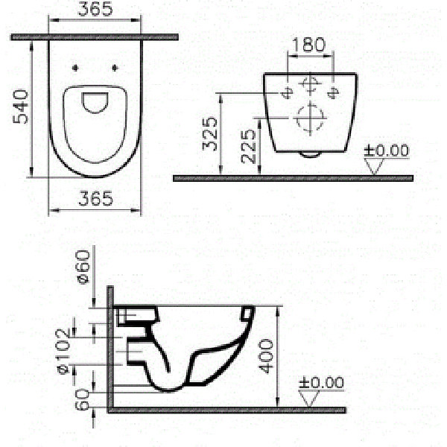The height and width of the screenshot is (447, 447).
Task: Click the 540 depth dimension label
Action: click(x=20, y=109)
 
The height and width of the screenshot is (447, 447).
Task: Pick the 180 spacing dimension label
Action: click(x=308, y=44)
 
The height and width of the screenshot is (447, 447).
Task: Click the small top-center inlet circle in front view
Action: click(x=310, y=83)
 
